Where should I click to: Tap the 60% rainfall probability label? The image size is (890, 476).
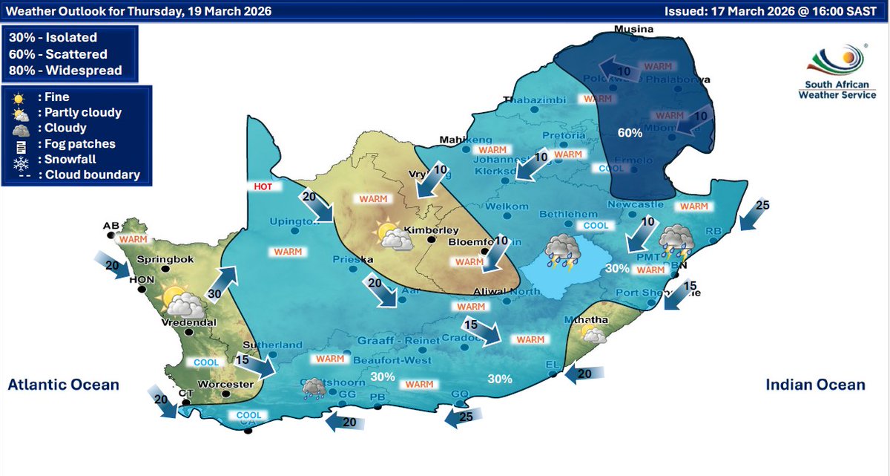click(x=630, y=133)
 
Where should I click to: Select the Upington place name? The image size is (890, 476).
click(x=294, y=222)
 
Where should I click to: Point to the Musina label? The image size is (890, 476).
click(x=633, y=30)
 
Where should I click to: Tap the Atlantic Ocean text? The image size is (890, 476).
click(x=63, y=385)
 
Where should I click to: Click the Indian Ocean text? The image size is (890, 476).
click(x=815, y=385)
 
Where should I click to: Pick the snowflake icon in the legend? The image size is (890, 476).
click(x=22, y=159)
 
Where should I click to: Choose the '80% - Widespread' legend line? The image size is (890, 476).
click(x=65, y=71)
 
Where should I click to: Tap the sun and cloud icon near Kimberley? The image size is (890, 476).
click(x=394, y=235)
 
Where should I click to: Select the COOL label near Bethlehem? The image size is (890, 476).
click(x=596, y=226)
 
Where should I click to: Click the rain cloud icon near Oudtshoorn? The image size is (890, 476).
click(x=314, y=387)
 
